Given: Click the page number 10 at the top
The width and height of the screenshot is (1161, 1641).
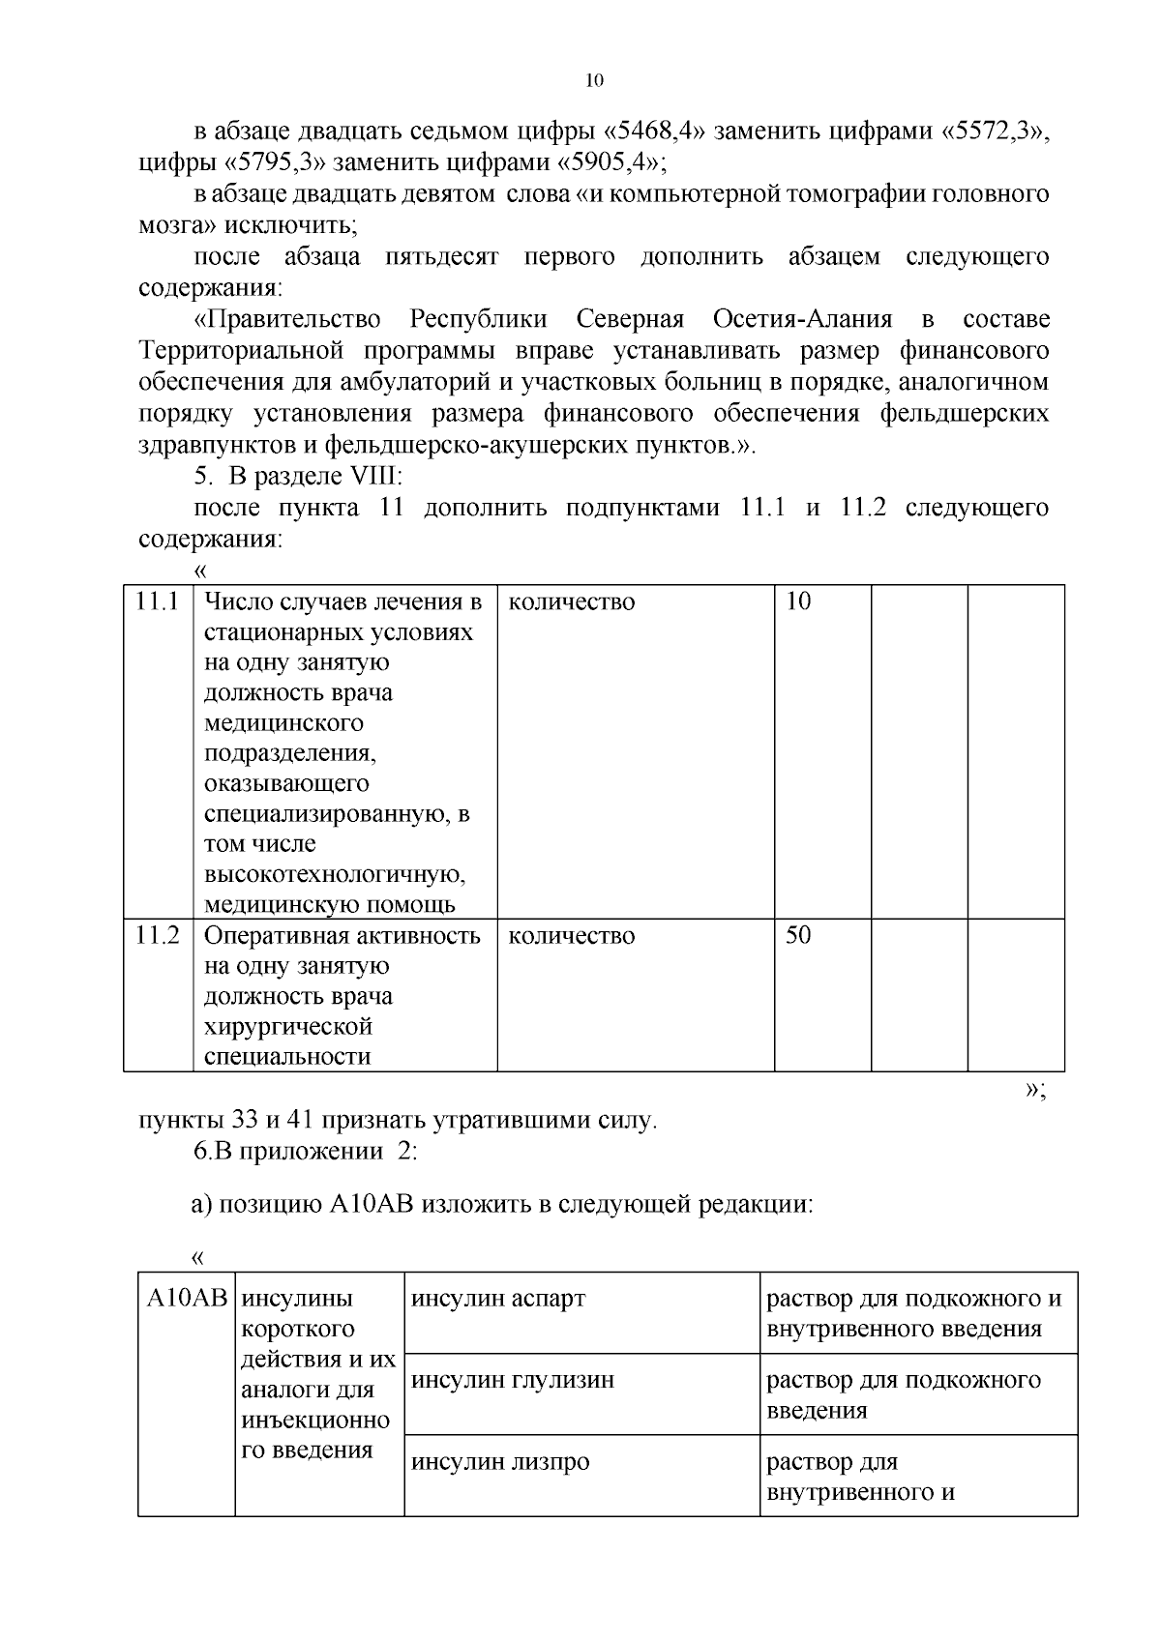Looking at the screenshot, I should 595,81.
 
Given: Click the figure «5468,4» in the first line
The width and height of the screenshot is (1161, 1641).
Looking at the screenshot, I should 658,132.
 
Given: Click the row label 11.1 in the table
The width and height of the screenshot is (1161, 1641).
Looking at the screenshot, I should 158,601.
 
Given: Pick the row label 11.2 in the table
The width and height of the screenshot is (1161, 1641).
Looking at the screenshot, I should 158,935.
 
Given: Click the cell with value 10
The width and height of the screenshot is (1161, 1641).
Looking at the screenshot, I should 798,601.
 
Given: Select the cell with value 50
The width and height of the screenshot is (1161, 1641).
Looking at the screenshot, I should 798,935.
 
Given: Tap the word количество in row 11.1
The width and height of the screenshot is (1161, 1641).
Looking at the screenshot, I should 572,601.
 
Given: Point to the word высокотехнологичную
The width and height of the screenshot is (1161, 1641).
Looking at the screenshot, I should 335,875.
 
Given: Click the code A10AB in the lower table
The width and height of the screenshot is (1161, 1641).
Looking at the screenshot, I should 186,1298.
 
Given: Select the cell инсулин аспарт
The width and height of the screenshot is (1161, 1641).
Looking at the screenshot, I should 498,1298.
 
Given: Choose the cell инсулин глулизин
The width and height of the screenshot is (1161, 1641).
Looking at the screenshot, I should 513,1380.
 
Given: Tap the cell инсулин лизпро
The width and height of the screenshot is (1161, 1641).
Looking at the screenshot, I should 500,1461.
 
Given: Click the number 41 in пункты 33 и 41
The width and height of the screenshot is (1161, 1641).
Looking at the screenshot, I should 301,1121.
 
